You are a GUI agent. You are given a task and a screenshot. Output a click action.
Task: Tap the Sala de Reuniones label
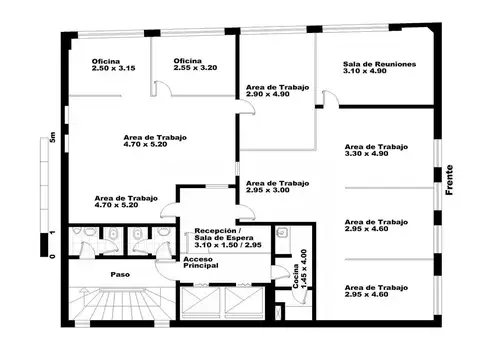pos(378,67)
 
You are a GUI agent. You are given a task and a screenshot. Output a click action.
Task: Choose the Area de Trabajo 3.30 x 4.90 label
pos(377,151)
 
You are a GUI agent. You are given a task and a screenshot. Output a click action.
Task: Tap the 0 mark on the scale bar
pos(45,255)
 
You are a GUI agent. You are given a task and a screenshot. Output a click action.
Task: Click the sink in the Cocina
pos(284,235)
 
